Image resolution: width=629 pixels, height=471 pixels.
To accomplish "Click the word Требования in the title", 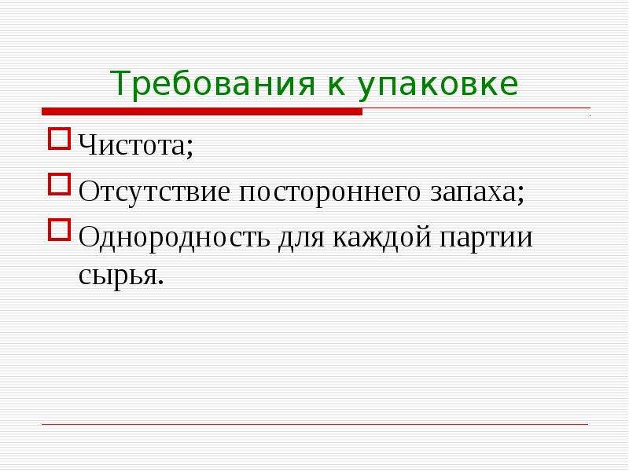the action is pos(212,83).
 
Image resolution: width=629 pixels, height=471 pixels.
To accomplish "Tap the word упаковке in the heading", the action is pos(438,86).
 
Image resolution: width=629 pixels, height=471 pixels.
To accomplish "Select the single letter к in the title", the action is pos(337,86).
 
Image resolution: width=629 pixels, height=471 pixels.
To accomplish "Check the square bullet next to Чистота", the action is pos(60,139).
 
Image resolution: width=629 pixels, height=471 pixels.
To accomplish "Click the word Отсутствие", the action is pos(154,192).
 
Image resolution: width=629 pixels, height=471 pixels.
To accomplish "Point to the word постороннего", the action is pos(329,193).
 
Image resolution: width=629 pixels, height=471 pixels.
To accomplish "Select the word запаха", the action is pos(473,193).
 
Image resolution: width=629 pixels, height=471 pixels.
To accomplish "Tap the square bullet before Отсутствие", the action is pos(60,184).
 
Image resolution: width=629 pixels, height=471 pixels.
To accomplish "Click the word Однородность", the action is pos(174,238).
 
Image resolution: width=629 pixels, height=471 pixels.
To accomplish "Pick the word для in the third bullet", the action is pos(301,239).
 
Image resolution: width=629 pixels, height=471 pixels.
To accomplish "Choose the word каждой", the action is pos(381,238).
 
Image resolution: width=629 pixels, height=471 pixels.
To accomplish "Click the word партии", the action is pos(486,239).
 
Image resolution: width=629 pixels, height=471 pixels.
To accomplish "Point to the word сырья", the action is pos(116,276).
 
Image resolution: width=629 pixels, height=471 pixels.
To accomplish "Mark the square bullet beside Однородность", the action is pos(60,229).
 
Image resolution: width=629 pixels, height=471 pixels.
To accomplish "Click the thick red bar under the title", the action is pos(202,111).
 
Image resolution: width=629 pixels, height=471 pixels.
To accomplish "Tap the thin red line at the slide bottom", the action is pos(315,424).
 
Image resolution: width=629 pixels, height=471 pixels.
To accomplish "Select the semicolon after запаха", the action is pos(520,194).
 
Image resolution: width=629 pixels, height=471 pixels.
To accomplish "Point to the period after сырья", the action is pos(161,282).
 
